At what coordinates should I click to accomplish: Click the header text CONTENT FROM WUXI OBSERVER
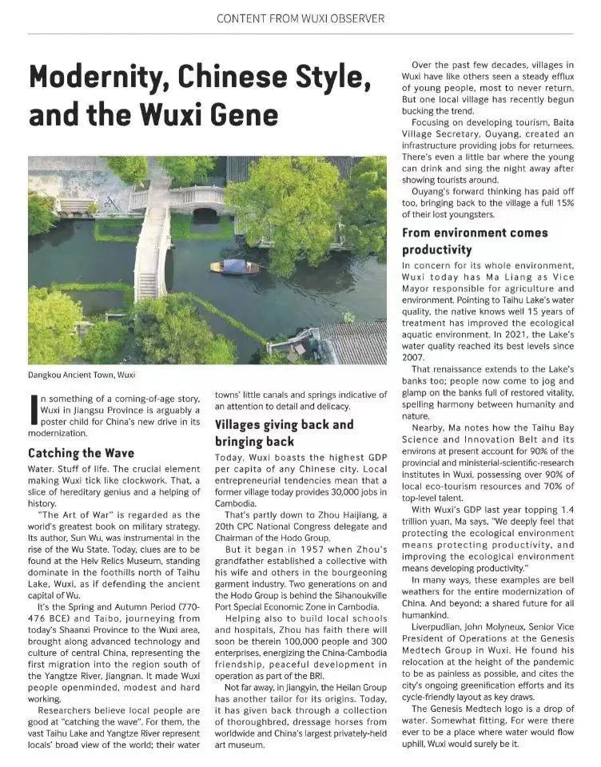pyautogui.click(x=300, y=18)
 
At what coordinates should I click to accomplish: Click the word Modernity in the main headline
pyautogui.click(x=100, y=77)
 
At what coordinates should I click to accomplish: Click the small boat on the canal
pyautogui.click(x=234, y=267)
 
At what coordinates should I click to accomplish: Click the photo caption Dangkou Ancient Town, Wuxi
pyautogui.click(x=82, y=374)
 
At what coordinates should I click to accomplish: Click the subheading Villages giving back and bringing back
pyautogui.click(x=284, y=432)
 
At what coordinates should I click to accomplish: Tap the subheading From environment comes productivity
pyautogui.click(x=475, y=241)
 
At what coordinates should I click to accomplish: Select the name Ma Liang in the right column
pyautogui.click(x=500, y=276)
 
